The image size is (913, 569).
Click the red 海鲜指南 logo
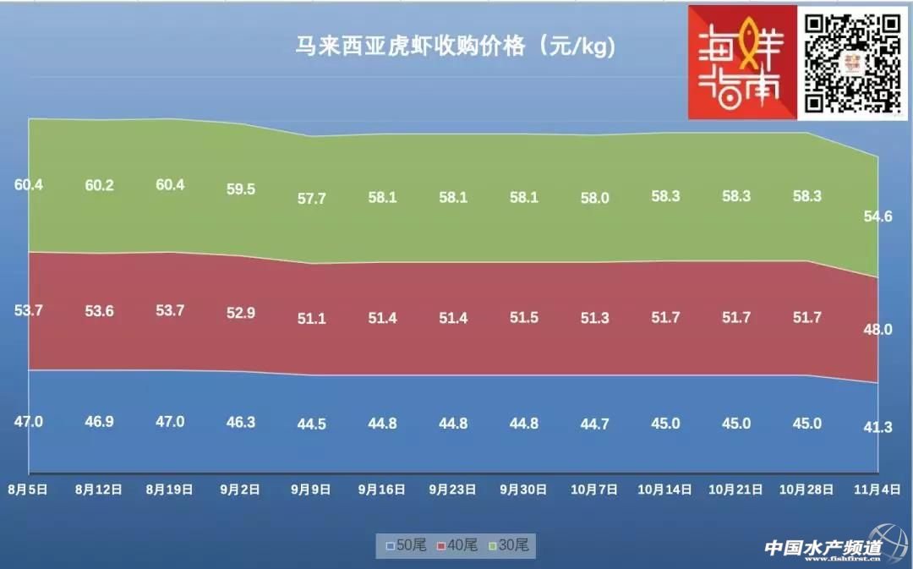click(x=742, y=63)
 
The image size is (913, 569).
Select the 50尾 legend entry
click(x=406, y=545)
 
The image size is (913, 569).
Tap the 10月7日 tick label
click(x=595, y=489)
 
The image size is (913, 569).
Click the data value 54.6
click(x=877, y=216)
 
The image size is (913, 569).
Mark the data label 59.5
click(x=241, y=189)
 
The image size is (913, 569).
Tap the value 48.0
click(x=877, y=330)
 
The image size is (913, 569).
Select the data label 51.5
click(x=524, y=318)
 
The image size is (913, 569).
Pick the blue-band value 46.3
click(x=241, y=422)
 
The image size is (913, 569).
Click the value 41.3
click(x=877, y=428)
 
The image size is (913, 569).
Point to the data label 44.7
click(x=595, y=424)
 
